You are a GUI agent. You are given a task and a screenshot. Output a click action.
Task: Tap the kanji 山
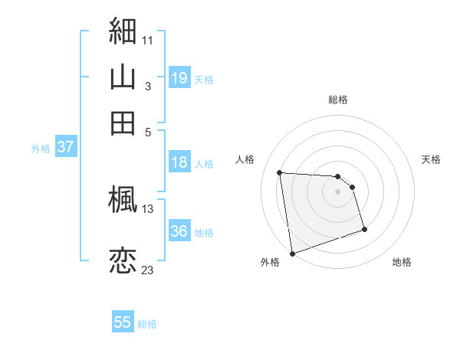click(x=123, y=77)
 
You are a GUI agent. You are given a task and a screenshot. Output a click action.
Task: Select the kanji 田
click(x=123, y=123)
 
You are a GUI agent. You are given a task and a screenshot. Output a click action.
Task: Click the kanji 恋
click(x=123, y=260)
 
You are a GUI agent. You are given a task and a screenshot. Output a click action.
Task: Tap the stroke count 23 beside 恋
click(x=147, y=270)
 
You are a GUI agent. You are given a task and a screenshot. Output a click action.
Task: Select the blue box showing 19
click(x=179, y=78)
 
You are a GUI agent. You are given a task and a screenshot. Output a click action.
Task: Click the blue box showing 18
click(x=179, y=162)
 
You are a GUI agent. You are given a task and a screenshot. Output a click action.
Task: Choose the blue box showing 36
click(x=179, y=231)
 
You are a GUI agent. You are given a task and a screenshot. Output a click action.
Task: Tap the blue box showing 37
click(x=65, y=148)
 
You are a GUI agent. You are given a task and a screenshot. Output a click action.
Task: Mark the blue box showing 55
click(x=123, y=322)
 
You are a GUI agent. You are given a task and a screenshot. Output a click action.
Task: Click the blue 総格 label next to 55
click(x=148, y=324)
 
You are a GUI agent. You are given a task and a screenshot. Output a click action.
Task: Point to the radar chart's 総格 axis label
click(x=338, y=100)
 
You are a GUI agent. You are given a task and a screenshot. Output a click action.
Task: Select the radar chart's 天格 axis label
click(x=432, y=159)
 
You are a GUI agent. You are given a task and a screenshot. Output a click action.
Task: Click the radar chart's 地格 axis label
click(x=402, y=262)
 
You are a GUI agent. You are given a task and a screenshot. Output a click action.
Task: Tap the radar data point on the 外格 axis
click(x=292, y=253)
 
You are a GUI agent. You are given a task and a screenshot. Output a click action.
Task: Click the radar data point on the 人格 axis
click(x=280, y=172)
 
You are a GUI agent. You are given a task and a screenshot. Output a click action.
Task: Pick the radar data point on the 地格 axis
click(x=364, y=229)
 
